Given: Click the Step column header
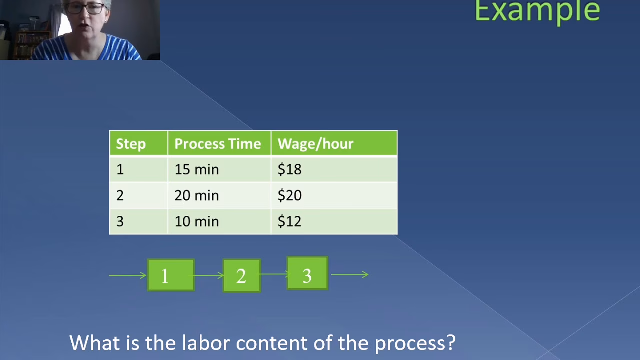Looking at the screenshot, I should [x=131, y=144].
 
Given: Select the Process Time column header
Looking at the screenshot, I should [x=217, y=144].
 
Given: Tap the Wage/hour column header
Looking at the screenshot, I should [x=315, y=144].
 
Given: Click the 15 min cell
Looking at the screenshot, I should [x=197, y=170].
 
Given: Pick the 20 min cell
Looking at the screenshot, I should [x=197, y=195].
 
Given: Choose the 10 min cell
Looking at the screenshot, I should [x=197, y=221].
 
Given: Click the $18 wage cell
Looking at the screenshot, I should [x=290, y=170].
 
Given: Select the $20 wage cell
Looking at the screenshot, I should [x=290, y=195].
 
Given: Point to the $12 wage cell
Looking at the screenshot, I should [x=290, y=221].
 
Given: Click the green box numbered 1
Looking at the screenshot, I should [x=171, y=275].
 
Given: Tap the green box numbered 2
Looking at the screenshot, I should [x=241, y=275].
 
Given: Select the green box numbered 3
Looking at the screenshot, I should [x=307, y=273].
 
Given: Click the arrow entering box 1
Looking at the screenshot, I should [x=128, y=275].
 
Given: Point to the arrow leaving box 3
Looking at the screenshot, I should [x=350, y=274].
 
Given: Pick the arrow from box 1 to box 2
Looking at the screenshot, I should [x=209, y=275].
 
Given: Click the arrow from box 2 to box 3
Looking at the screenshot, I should [x=274, y=274].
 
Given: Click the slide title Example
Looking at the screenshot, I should [x=537, y=11].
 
